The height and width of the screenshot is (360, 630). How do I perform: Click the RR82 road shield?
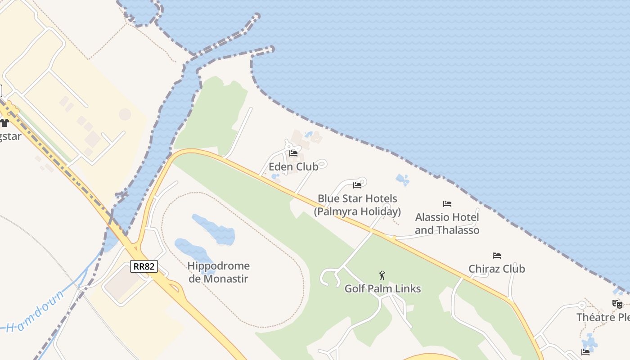click(x=144, y=266)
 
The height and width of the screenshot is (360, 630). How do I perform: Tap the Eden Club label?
click(x=293, y=167)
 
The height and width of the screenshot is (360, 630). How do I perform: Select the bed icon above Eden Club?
click(x=293, y=154)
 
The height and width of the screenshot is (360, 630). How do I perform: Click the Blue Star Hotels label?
click(x=358, y=205)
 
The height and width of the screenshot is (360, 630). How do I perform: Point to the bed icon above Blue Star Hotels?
click(x=357, y=185)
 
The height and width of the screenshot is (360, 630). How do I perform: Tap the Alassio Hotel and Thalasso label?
click(x=447, y=224)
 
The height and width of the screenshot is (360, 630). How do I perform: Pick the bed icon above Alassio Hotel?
click(x=447, y=204)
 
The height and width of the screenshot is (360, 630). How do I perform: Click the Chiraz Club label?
click(x=497, y=269)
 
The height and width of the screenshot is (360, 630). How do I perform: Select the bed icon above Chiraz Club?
click(x=497, y=256)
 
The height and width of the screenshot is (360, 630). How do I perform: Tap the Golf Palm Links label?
click(x=382, y=289)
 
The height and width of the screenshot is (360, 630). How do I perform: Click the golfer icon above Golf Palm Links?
click(x=382, y=275)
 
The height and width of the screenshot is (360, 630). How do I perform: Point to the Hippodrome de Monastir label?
click(x=218, y=272)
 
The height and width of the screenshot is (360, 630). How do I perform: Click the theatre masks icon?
click(x=617, y=304)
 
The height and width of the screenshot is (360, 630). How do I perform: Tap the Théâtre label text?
click(x=603, y=317)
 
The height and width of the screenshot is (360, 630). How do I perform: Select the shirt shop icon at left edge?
click(x=4, y=122)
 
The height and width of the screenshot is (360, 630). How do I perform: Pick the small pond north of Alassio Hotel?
click(x=402, y=180)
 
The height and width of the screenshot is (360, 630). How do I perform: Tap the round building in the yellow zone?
click(x=125, y=114)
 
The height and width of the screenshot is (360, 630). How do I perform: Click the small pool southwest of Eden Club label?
click(x=275, y=177)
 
